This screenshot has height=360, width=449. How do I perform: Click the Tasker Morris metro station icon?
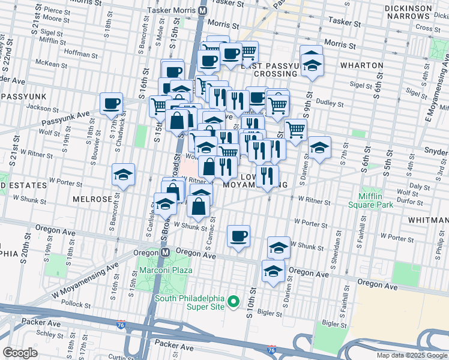[203, 10]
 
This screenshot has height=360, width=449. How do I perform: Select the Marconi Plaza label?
[166, 270]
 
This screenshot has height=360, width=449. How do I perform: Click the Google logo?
[20, 353]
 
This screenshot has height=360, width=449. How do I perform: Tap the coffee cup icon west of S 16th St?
[112, 103]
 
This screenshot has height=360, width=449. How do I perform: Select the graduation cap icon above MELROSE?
[124, 175]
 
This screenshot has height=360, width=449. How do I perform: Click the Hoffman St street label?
[76, 53]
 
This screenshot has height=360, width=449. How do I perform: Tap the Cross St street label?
[428, 28]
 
